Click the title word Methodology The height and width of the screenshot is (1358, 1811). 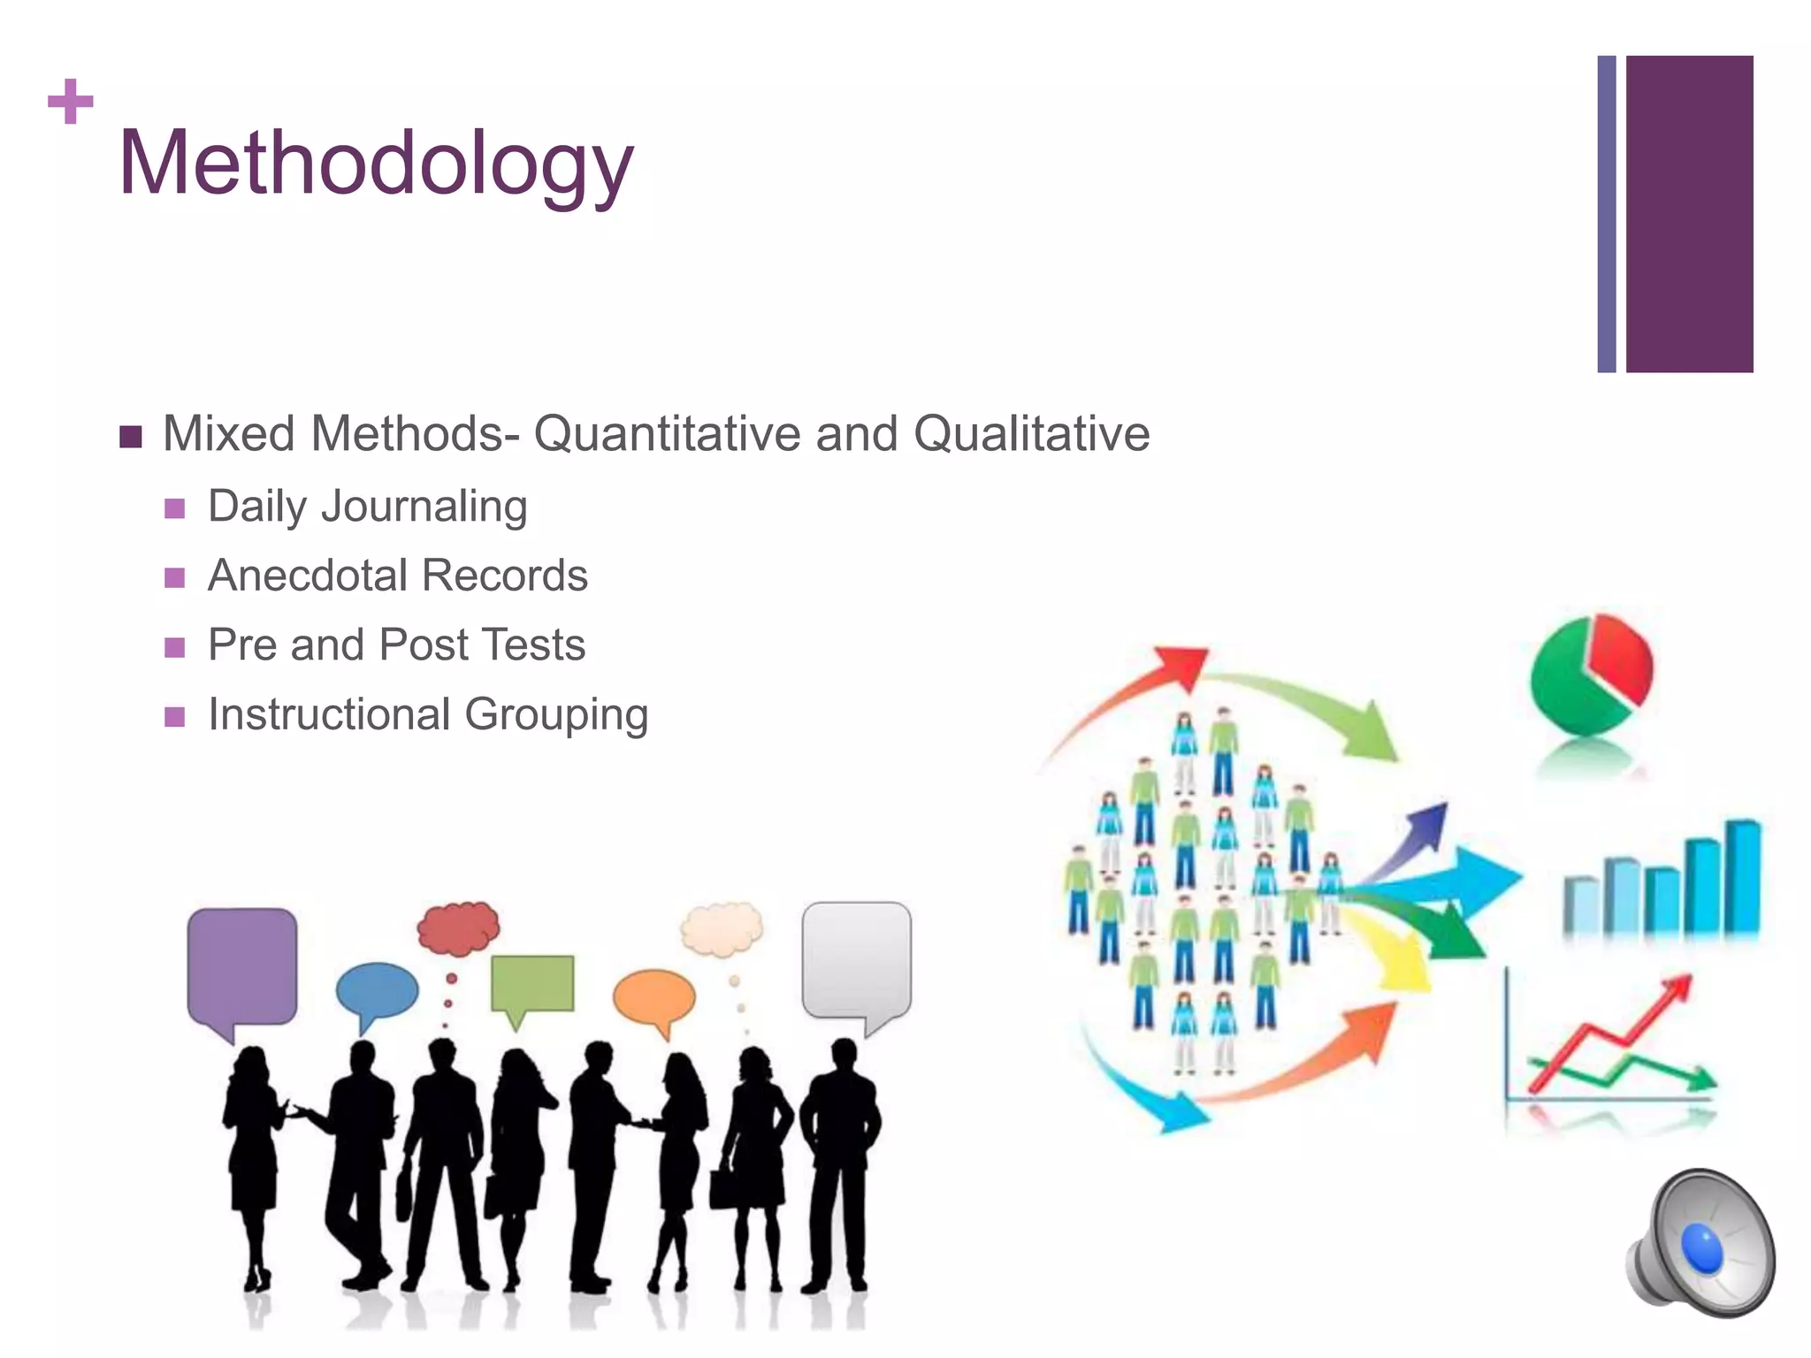[376, 164]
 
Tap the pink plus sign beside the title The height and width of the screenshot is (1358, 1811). [71, 102]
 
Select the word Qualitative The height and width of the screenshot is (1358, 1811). [1031, 434]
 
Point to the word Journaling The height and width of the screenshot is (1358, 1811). [424, 507]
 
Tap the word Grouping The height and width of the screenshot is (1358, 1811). [556, 715]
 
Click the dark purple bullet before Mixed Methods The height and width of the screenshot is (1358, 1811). [131, 437]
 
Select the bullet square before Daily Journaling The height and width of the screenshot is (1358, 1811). [175, 508]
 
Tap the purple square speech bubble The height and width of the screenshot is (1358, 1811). [241, 966]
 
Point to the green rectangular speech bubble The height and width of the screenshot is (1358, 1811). [531, 983]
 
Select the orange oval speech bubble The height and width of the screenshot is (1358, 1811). [653, 997]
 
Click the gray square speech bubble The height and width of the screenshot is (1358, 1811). [856, 959]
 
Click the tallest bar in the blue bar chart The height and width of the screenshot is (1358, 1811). [1742, 877]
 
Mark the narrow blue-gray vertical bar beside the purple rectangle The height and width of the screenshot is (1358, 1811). [1607, 214]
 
